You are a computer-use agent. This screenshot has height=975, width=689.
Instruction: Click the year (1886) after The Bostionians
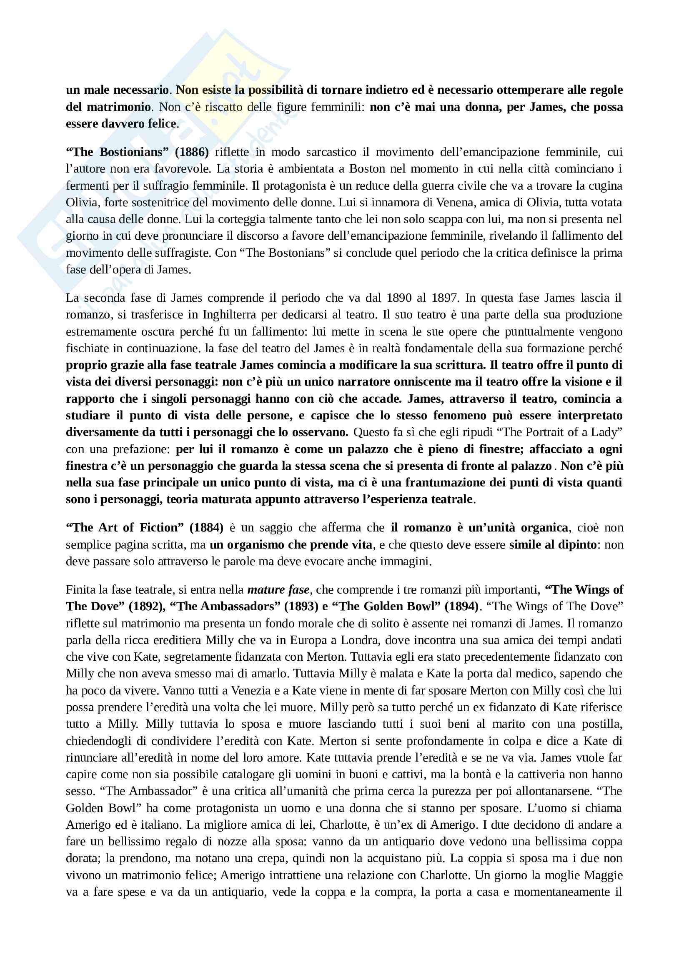pyautogui.click(x=192, y=152)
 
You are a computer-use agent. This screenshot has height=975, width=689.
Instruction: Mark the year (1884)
pyautogui.click(x=206, y=527)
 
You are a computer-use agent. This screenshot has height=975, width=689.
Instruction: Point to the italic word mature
pyautogui.click(x=266, y=590)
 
